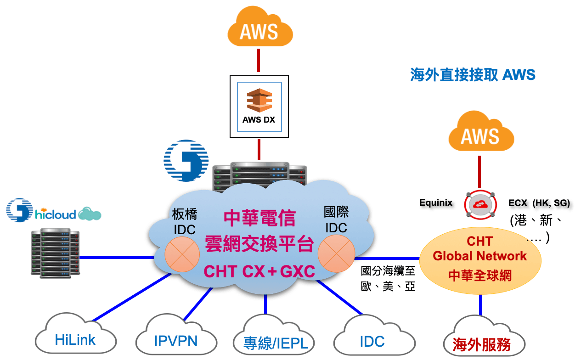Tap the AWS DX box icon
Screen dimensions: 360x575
(259, 106)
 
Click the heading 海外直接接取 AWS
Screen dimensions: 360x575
(473, 74)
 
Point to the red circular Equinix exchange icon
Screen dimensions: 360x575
(480, 205)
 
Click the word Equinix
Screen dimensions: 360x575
(436, 202)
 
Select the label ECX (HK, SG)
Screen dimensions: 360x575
(539, 203)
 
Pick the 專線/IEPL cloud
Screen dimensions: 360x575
(273, 342)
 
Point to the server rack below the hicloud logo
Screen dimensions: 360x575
(55, 253)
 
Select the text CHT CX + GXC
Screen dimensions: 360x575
(259, 271)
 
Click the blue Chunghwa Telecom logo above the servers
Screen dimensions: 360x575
(186, 160)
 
